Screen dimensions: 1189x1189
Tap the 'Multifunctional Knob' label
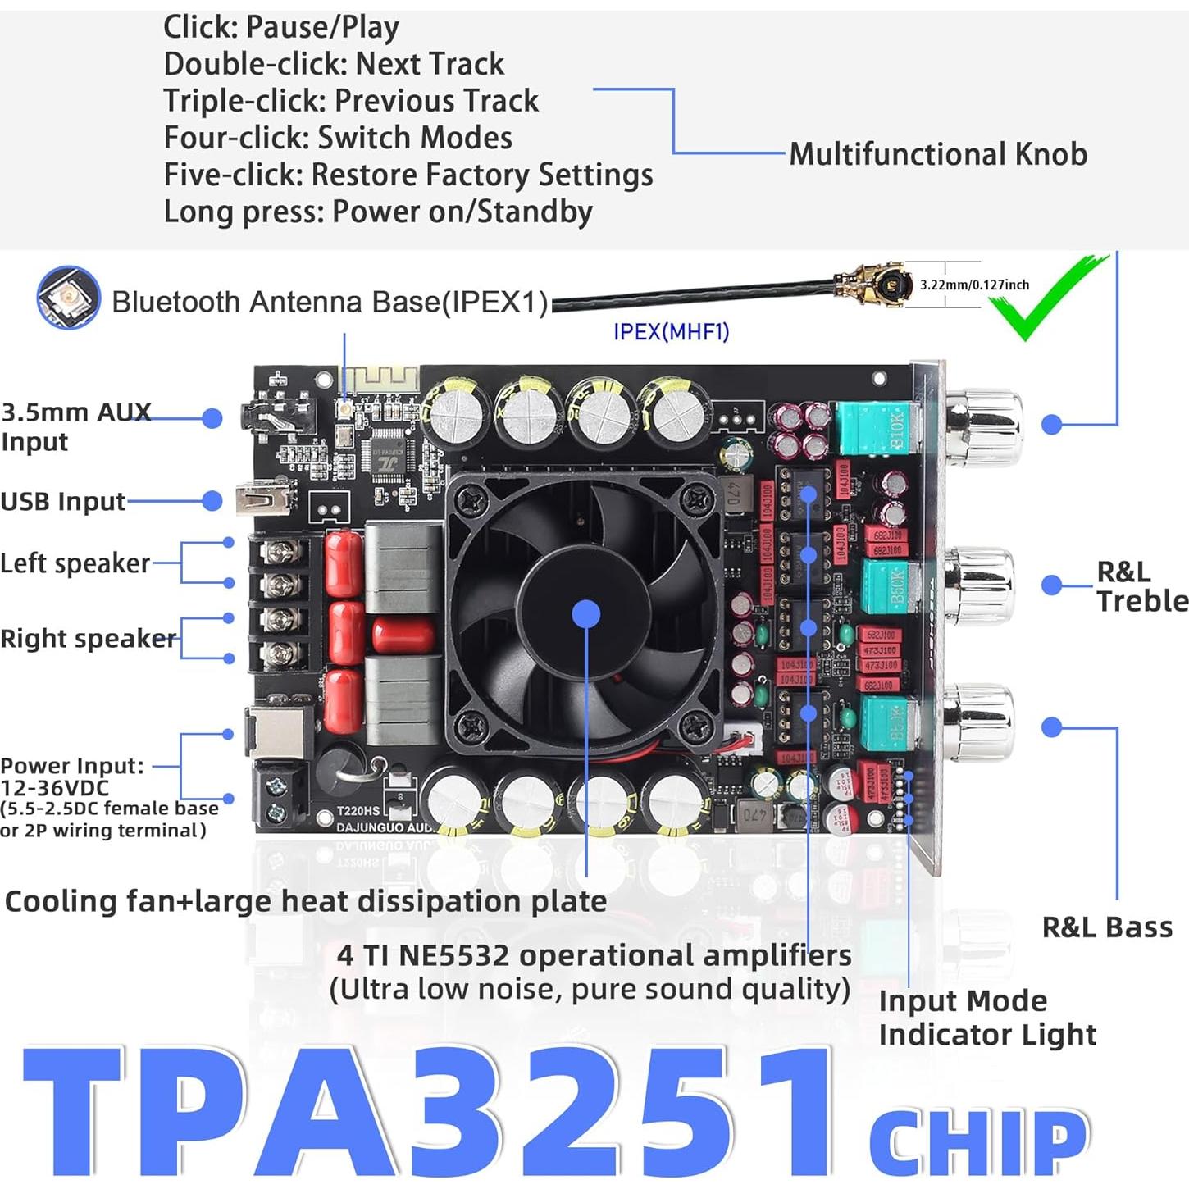tap(937, 154)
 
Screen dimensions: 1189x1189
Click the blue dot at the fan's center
tap(585, 614)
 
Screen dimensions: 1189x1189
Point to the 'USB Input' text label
tap(63, 501)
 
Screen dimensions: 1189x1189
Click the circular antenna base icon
tap(69, 297)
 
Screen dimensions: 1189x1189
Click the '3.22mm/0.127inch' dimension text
tap(974, 285)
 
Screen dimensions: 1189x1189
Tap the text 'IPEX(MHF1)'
tap(671, 331)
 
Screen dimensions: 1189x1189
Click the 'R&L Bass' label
tap(1106, 927)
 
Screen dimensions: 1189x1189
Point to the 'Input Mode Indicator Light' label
tap(986, 1018)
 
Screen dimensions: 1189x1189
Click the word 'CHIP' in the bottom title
tap(978, 1141)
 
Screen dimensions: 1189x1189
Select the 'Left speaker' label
tap(75, 563)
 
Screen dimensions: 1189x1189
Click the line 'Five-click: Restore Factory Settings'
tap(408, 175)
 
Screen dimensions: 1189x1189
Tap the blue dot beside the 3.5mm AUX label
tap(212, 418)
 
